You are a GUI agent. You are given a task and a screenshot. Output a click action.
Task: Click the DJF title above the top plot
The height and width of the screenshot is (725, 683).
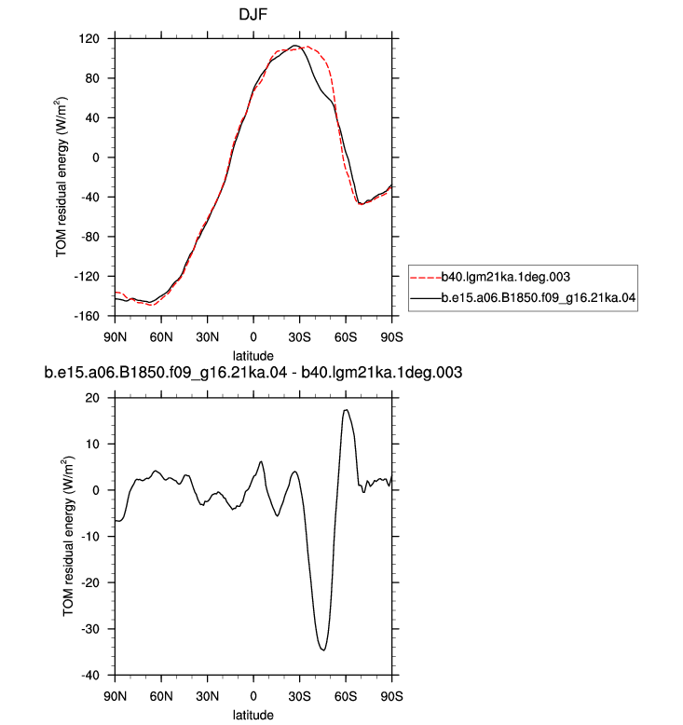point(253,14)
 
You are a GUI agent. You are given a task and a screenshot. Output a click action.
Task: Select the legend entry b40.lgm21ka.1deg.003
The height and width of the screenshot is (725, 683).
point(505,277)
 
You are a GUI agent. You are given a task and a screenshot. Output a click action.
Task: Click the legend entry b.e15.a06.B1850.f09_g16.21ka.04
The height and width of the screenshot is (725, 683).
point(539,298)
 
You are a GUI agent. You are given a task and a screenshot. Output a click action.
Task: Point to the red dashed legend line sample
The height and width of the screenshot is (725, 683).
point(426,278)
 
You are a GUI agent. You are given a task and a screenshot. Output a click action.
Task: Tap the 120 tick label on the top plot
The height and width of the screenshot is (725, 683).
point(89,39)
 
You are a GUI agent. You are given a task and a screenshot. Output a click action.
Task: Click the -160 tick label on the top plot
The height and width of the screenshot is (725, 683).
point(87,316)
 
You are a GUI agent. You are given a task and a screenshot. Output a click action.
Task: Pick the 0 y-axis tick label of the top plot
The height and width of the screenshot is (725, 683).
point(96,157)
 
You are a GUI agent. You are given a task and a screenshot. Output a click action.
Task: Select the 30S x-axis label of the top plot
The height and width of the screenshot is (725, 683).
point(300,337)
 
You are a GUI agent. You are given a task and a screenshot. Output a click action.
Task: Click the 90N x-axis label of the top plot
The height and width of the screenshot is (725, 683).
point(116,337)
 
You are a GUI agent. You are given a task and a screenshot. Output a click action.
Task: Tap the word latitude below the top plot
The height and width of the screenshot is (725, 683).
point(253,356)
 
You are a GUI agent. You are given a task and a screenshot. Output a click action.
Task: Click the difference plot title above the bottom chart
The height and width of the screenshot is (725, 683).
point(253,372)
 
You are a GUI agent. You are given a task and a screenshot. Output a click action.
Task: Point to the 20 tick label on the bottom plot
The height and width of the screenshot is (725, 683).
point(92,398)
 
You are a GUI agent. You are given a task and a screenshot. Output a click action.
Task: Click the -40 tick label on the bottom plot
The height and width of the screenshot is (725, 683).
point(90,676)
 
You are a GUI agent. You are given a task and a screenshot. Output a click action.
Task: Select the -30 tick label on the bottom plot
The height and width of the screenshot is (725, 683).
point(90,629)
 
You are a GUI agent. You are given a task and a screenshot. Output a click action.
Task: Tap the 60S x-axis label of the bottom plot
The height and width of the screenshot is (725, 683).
point(346,696)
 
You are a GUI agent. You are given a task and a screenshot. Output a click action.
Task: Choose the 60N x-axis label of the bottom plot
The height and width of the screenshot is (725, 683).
point(161,696)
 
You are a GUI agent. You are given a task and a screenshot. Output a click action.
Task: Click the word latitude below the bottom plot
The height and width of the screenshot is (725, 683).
point(253,715)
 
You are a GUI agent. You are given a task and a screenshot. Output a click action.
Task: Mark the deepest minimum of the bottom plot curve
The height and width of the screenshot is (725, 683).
point(323,650)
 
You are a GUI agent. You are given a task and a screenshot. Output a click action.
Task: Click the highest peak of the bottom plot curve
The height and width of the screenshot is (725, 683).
point(346,410)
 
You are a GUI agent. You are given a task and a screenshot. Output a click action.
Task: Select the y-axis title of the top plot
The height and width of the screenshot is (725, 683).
point(61,177)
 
